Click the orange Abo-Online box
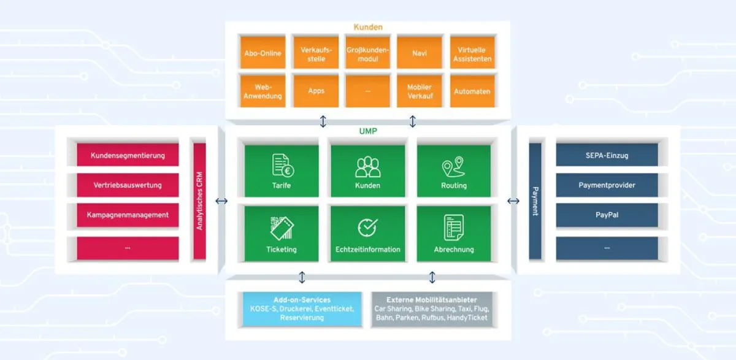click(x=263, y=53)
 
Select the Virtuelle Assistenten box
click(x=472, y=53)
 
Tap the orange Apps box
click(x=316, y=91)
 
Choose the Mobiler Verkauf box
click(x=420, y=91)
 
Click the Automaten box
click(x=472, y=91)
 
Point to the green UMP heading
click(x=367, y=131)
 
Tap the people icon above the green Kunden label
click(x=367, y=166)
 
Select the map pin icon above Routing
click(x=453, y=166)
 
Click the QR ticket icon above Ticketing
click(x=282, y=228)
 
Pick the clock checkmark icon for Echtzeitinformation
click(x=367, y=228)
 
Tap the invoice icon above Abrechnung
click(x=453, y=228)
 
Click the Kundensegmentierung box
click(x=128, y=155)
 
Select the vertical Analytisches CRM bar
click(x=199, y=201)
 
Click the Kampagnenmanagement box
click(x=128, y=215)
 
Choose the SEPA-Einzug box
click(x=607, y=155)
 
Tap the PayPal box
click(x=607, y=215)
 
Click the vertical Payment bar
click(x=535, y=201)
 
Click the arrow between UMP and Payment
click(x=513, y=201)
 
